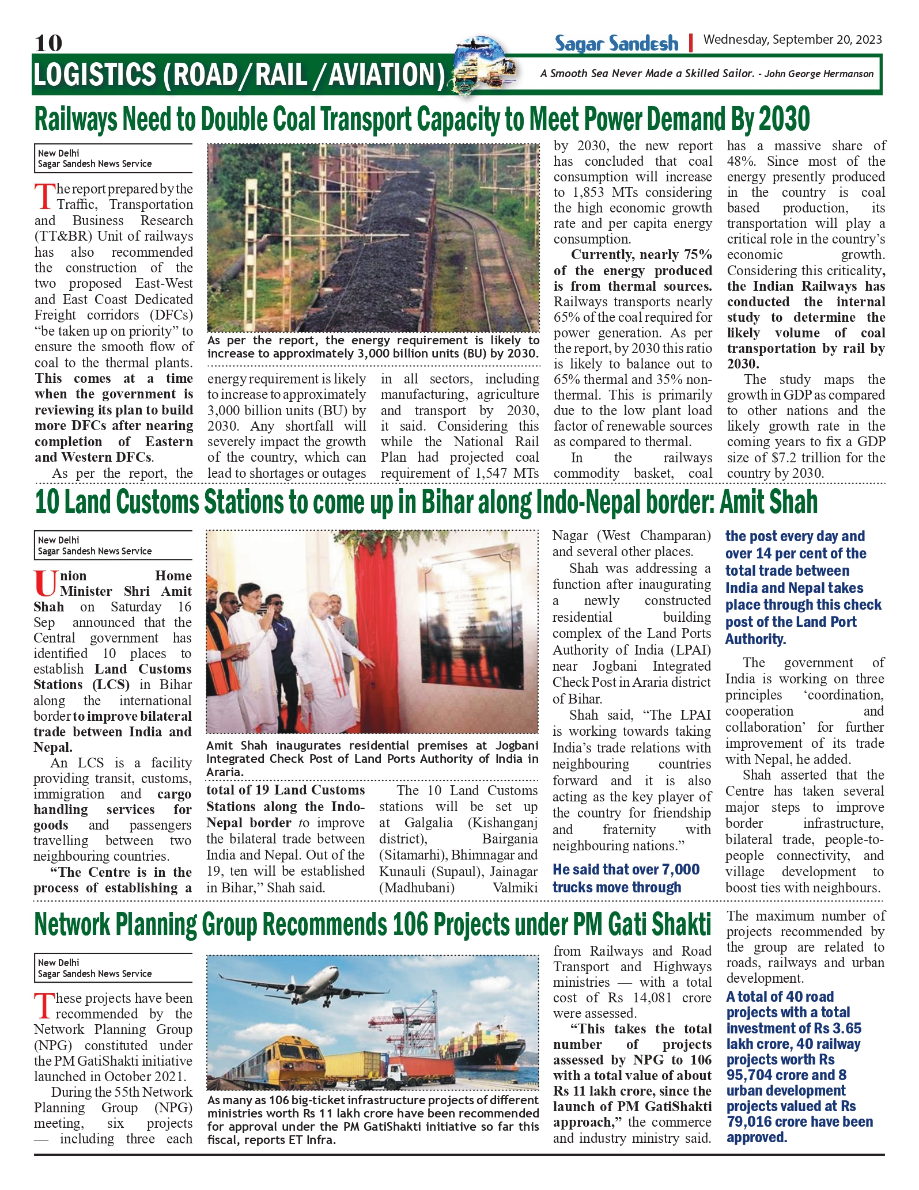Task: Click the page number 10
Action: (x=48, y=43)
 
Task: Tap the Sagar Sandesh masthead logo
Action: (x=617, y=43)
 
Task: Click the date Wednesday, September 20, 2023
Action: (x=792, y=40)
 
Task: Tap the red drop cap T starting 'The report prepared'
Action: (x=44, y=196)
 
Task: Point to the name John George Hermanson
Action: (x=818, y=74)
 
